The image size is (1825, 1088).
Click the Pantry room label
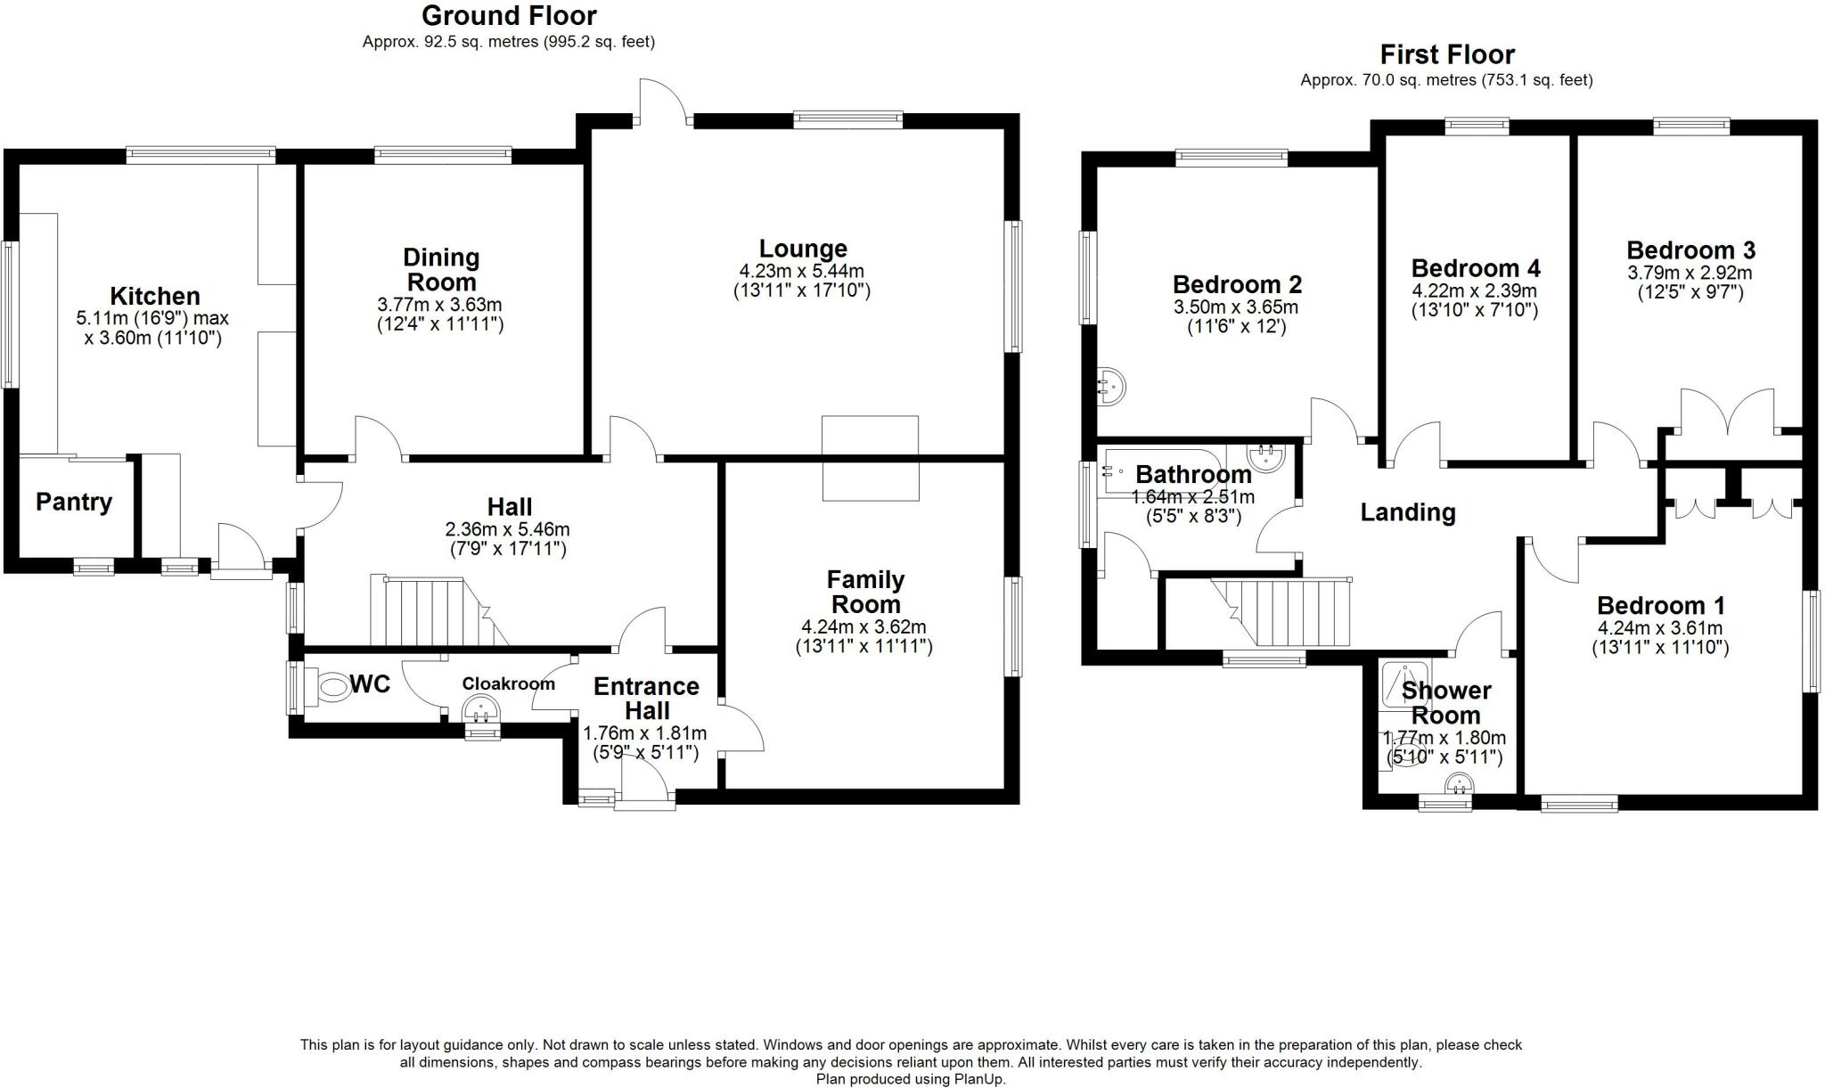point(74,502)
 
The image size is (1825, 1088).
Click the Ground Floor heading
point(509,15)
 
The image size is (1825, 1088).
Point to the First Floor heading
point(1446,54)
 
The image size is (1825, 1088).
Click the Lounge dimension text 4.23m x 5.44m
point(801,271)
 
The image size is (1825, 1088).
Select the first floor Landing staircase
point(1292,612)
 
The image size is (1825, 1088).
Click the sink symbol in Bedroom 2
point(1109,386)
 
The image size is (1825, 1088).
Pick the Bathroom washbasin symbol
point(1266,458)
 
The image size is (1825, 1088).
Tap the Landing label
point(1407,512)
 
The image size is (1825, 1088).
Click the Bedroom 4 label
point(1475,268)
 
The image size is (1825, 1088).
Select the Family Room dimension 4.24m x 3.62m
point(863,626)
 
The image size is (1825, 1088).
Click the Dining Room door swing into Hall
point(378,439)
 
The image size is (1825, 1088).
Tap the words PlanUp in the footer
point(981,1079)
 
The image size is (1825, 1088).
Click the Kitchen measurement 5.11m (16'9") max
point(152,318)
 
